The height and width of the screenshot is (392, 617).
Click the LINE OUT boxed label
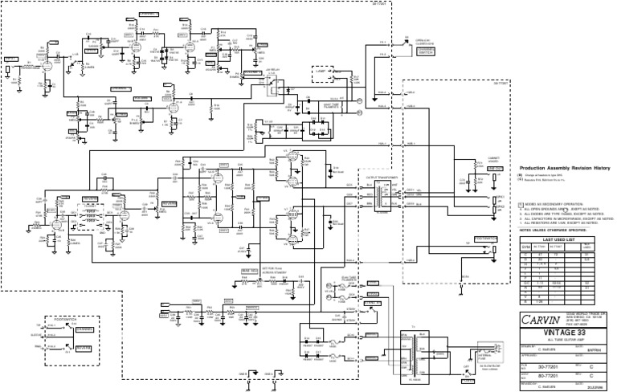[486, 238]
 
